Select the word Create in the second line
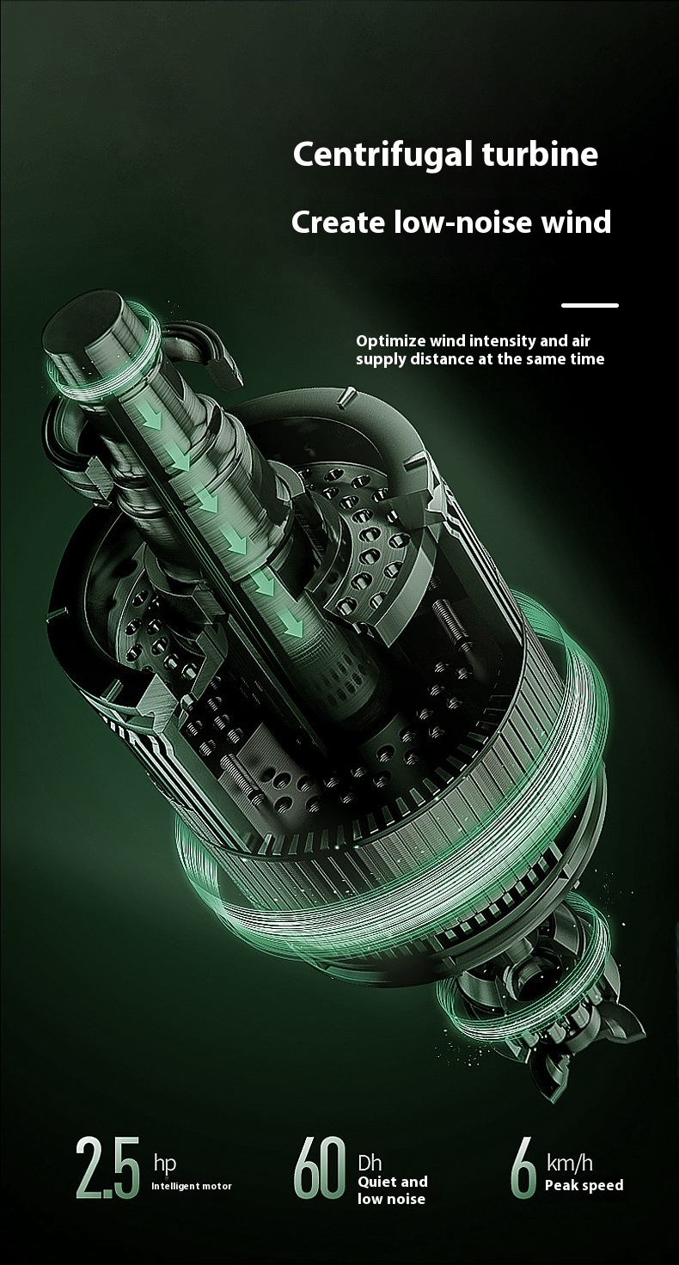pos(338,222)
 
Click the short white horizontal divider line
pos(590,306)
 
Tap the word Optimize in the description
pos(390,342)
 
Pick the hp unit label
pos(165,1164)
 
